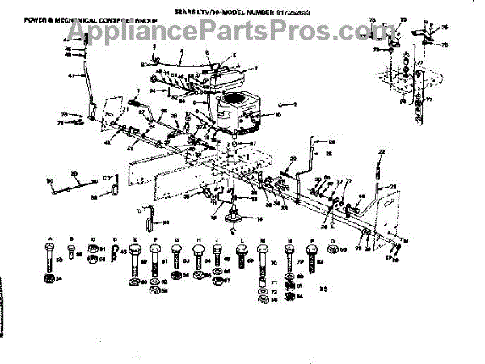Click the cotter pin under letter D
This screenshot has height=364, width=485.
(118, 256)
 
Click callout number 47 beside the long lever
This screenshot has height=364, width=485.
(71, 76)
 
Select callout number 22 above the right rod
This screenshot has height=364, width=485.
(382, 152)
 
